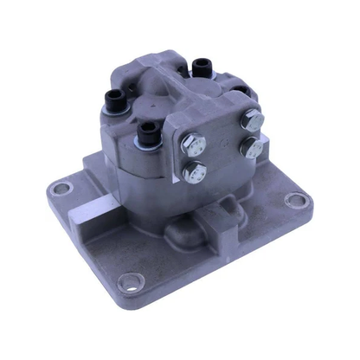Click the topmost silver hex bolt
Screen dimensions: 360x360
click(x=253, y=119)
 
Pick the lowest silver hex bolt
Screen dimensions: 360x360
click(x=195, y=171)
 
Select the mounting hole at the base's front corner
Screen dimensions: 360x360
click(x=130, y=280)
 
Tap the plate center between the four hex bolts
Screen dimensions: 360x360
click(x=222, y=144)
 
